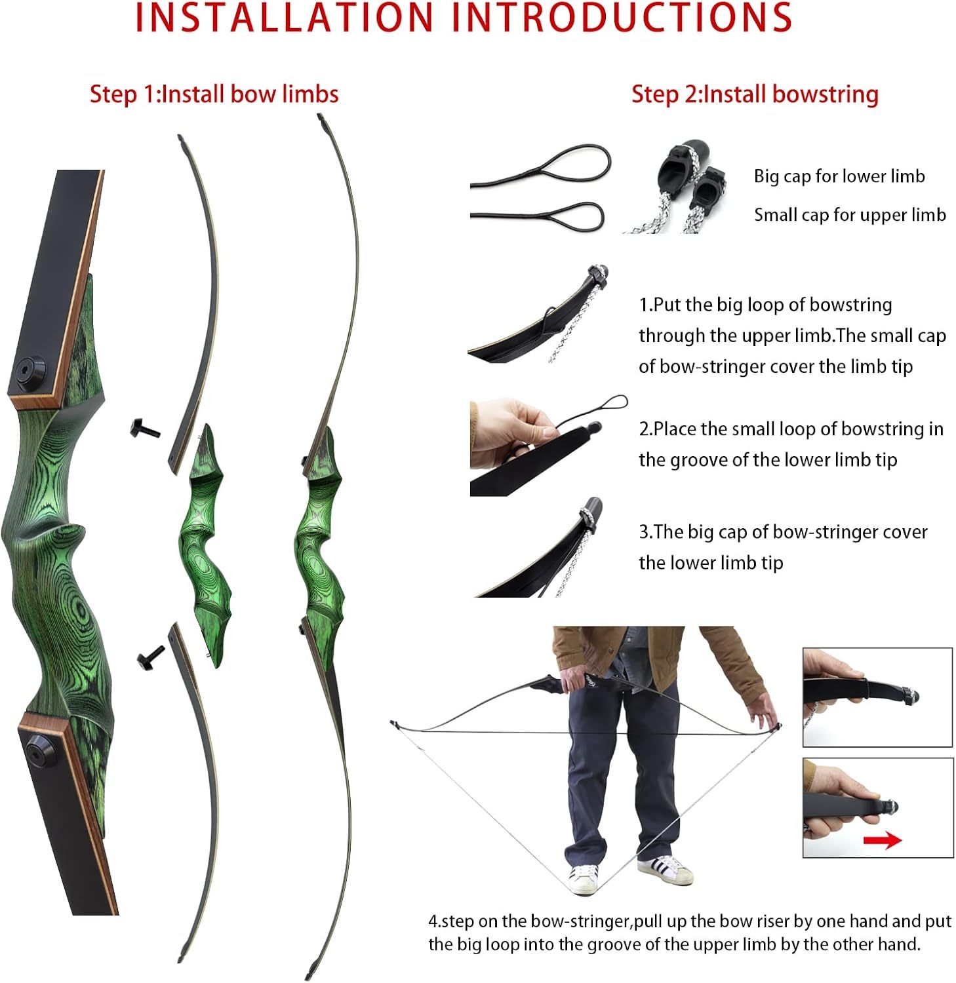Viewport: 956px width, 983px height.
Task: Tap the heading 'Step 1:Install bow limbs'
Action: pos(214,94)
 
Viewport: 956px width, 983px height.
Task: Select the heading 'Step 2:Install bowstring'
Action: pos(755,94)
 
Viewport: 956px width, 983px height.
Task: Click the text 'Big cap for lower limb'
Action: pos(839,176)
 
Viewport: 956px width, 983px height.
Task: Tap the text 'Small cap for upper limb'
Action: pos(849,215)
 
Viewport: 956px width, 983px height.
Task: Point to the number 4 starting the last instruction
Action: pos(433,921)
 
